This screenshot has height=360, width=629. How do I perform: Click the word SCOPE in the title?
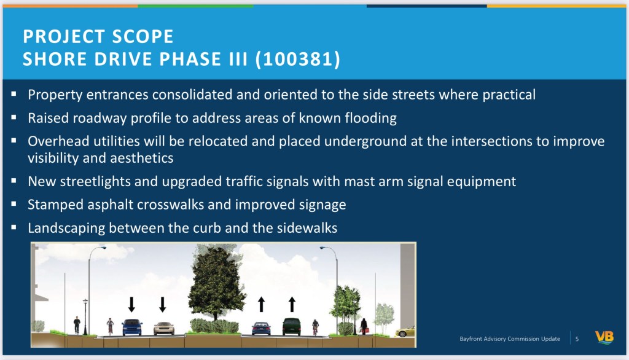[x=143, y=36]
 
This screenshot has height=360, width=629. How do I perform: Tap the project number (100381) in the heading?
[x=298, y=59]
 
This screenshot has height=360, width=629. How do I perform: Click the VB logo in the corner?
[x=604, y=337]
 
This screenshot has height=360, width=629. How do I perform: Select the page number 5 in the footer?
[x=577, y=339]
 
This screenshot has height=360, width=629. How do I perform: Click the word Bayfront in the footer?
[x=471, y=338]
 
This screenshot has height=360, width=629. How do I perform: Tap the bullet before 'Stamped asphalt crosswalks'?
[x=14, y=204]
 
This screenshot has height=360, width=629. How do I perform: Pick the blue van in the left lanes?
[x=132, y=327]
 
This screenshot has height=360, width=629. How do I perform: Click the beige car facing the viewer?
[x=163, y=328]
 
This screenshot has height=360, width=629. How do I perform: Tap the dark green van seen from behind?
[x=292, y=326]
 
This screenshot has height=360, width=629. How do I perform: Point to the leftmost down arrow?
[x=131, y=305]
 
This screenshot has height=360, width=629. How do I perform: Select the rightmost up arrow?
[x=292, y=304]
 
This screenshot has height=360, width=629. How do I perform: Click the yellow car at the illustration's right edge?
[x=405, y=332]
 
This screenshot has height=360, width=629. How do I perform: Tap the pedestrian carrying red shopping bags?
[x=364, y=326]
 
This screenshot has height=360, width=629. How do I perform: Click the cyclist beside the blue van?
[x=110, y=327]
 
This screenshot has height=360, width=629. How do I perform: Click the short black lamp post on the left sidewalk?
[x=85, y=317]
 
